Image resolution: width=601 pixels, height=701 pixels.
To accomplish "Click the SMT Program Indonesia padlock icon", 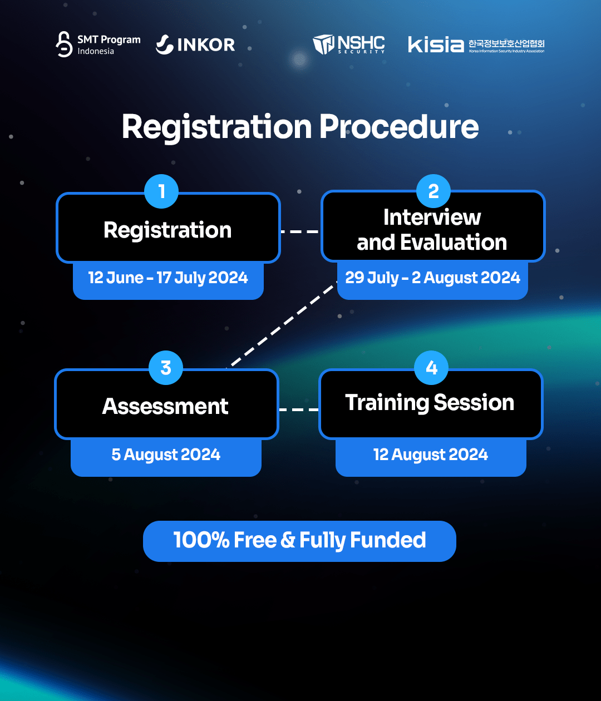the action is pos(64,44).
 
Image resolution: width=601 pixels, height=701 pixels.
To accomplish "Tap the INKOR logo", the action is pos(195,45).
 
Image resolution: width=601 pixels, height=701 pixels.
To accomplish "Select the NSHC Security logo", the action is pos(349,45).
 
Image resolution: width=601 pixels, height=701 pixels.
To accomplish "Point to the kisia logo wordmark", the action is pos(436,45).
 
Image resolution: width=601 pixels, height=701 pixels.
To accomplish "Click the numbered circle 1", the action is pos(161,191).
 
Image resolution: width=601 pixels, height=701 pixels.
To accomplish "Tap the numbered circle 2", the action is pos(433,191).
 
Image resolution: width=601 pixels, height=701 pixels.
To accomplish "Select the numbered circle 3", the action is pos(166,368).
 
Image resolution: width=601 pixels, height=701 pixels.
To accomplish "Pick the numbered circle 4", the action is pos(431,368).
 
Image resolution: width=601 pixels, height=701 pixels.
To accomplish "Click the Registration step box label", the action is pos(168,230).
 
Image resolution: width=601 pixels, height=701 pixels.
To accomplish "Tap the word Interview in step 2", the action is pos(432,217).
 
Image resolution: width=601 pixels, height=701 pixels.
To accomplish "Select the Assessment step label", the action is pos(165,406).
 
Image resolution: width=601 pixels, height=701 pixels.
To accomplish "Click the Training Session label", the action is pos(430,403).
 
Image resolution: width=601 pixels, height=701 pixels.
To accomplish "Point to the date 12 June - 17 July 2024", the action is pos(168,278).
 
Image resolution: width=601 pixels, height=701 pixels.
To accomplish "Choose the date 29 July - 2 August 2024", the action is pos(432,278).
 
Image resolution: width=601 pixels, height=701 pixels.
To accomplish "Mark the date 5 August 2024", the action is pos(166,455).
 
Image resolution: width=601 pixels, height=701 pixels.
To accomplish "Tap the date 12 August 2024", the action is pos(431,455).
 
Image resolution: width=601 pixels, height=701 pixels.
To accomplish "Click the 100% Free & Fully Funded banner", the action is pos(299,541).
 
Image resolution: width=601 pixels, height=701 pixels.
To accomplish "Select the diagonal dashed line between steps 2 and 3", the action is pos(282,324).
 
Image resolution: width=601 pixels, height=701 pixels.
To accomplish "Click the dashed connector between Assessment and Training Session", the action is pos(299,409).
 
